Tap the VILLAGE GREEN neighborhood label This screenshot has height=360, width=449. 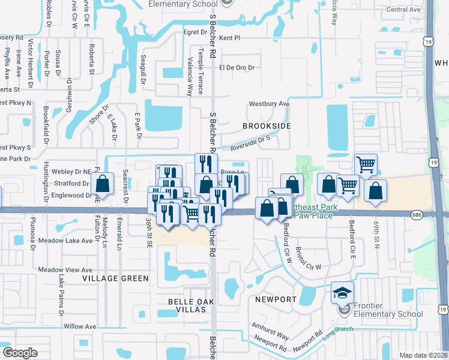[x=115, y=278]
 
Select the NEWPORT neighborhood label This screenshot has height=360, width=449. [x=276, y=299]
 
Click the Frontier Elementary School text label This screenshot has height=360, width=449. [x=388, y=310]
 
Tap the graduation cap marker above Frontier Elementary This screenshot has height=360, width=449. [x=342, y=293]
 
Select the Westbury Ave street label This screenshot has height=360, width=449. [x=270, y=104]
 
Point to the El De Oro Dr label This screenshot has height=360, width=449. [x=237, y=68]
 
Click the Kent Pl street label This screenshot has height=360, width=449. [x=229, y=38]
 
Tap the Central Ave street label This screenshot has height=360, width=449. [x=403, y=10]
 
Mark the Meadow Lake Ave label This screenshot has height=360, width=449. [x=66, y=241]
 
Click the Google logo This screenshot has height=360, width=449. [x=20, y=353]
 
